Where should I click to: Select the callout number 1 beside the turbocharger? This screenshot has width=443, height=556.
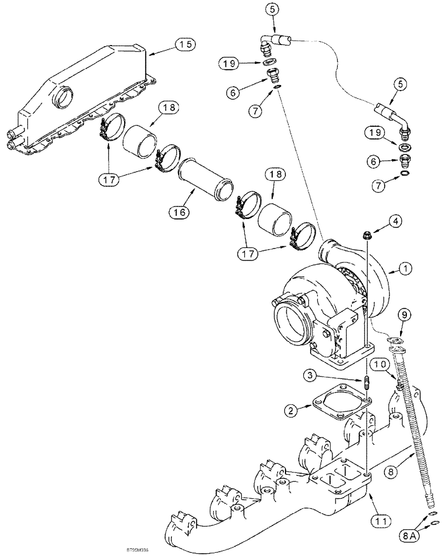(406, 269)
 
